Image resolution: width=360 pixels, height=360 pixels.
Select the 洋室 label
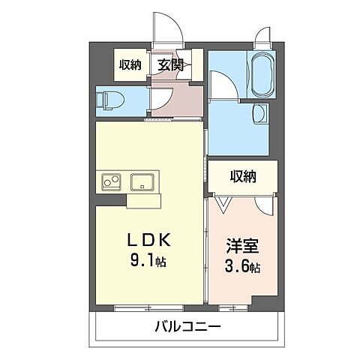pos(242,246)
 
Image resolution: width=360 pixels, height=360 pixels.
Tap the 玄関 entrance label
pos(169,64)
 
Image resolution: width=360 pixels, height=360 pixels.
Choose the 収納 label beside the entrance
pos(130,64)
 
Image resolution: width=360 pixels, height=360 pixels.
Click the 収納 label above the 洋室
pos(242,177)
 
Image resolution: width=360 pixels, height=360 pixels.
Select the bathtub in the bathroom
pos(262,74)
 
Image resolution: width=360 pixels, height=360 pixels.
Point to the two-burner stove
pos(110,182)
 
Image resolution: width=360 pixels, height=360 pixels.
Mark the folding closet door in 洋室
pos(223,201)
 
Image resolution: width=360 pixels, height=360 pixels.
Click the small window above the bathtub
pos(262,37)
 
